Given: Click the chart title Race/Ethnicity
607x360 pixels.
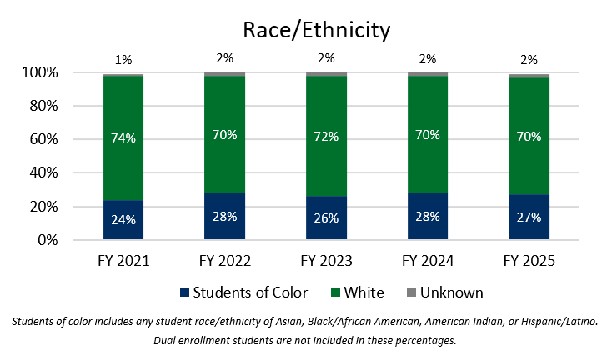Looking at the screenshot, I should (316, 31).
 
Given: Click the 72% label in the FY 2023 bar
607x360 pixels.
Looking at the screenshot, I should (326, 137).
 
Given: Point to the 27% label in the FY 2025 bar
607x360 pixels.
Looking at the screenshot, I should (529, 217).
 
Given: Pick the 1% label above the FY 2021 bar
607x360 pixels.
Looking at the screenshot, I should (123, 59).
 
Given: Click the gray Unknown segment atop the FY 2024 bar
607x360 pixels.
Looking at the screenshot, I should (428, 74).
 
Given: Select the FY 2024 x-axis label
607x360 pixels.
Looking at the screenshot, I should (428, 260).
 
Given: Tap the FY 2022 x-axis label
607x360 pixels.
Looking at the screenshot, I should (225, 260).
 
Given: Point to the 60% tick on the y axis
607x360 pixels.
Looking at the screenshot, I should (41, 140).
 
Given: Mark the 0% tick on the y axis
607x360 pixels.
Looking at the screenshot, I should (44, 240).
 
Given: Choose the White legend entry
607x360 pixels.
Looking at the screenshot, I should (359, 292).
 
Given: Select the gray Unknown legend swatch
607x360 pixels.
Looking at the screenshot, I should (411, 293).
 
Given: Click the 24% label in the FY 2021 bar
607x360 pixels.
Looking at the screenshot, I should (123, 220).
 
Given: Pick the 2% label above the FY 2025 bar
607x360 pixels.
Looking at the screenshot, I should (529, 59).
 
